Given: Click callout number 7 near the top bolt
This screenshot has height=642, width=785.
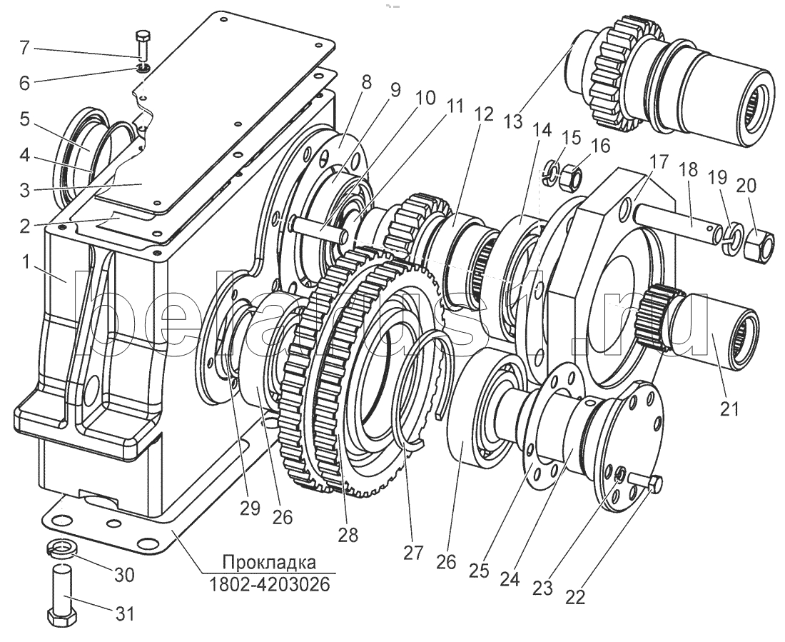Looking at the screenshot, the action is [x=24, y=49].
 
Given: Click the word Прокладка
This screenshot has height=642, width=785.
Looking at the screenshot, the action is [x=269, y=562].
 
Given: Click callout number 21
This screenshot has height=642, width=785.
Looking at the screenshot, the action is [x=729, y=408].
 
